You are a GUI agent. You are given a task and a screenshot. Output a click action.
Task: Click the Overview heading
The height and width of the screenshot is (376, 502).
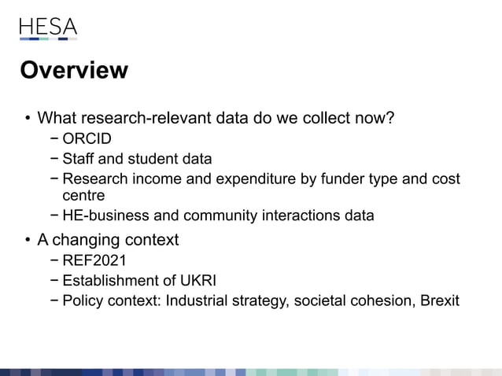click(x=74, y=70)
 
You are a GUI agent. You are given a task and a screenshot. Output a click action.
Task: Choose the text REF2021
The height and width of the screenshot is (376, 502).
click(x=94, y=261)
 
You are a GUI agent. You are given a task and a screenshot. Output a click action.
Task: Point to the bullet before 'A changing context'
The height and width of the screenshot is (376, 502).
click(x=27, y=240)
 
